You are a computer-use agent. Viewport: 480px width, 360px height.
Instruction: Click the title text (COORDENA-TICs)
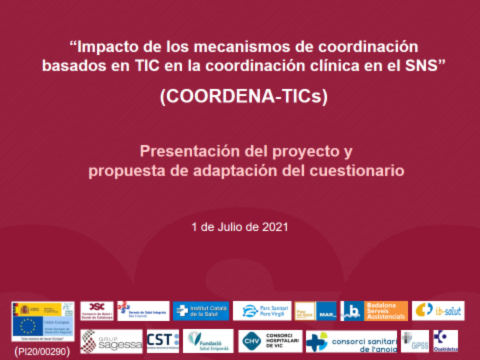coord(244,97)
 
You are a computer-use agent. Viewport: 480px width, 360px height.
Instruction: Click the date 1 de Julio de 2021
coord(240,227)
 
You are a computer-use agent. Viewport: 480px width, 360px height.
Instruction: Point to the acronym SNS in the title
coord(424,65)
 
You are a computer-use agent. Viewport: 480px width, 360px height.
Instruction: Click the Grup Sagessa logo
coord(112,341)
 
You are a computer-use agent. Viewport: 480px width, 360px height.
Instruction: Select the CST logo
coord(163,341)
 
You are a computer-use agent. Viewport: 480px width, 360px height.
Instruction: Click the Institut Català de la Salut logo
coord(200,311)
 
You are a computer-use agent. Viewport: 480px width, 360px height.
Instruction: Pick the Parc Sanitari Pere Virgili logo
coord(262,311)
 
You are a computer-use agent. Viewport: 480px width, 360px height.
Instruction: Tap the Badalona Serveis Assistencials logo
coord(374,311)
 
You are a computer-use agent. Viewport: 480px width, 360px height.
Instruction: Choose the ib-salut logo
coord(438,311)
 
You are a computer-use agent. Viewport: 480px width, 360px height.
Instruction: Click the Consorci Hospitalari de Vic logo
coord(269,341)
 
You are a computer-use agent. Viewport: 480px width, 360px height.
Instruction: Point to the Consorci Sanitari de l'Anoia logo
coord(351,341)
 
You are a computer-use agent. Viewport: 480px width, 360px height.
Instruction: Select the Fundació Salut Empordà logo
coord(208,341)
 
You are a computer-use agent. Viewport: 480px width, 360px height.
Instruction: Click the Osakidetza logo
coord(445,341)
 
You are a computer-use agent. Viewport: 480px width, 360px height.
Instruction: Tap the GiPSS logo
coord(415,341)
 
